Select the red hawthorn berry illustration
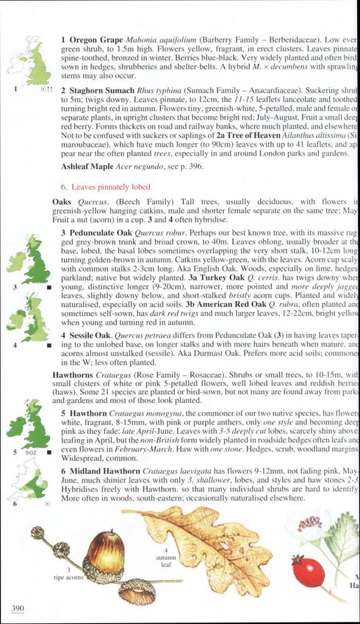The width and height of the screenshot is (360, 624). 308,571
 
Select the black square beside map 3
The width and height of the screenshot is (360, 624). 48,288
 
